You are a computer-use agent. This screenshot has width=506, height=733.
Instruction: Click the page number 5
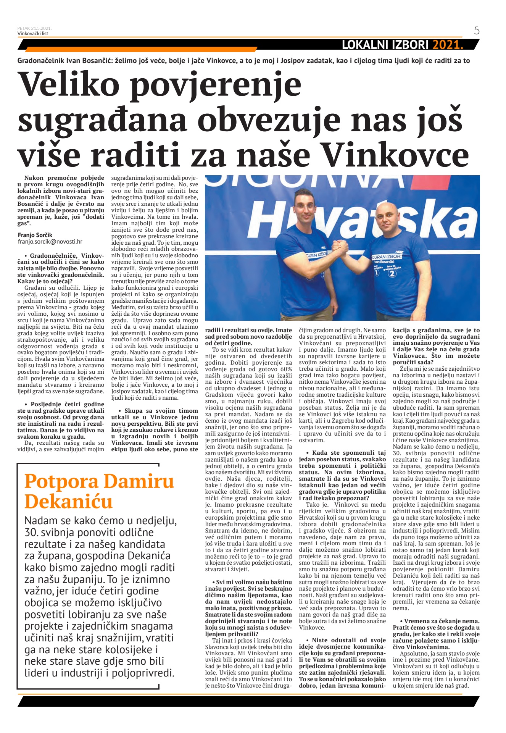pyautogui.click(x=477, y=31)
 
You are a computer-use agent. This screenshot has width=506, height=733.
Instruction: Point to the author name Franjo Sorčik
pyautogui.click(x=35, y=235)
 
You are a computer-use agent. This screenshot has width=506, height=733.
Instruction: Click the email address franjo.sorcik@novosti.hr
pyautogui.click(x=50, y=242)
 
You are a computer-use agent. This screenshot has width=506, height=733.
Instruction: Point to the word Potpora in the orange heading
pyautogui.click(x=59, y=481)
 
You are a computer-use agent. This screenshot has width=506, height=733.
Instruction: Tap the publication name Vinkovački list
pyautogui.click(x=33, y=34)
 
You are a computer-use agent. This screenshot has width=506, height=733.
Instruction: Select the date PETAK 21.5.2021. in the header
pyautogui.click(x=34, y=28)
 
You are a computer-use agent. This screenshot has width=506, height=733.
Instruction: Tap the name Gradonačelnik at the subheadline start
pyautogui.click(x=41, y=61)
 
